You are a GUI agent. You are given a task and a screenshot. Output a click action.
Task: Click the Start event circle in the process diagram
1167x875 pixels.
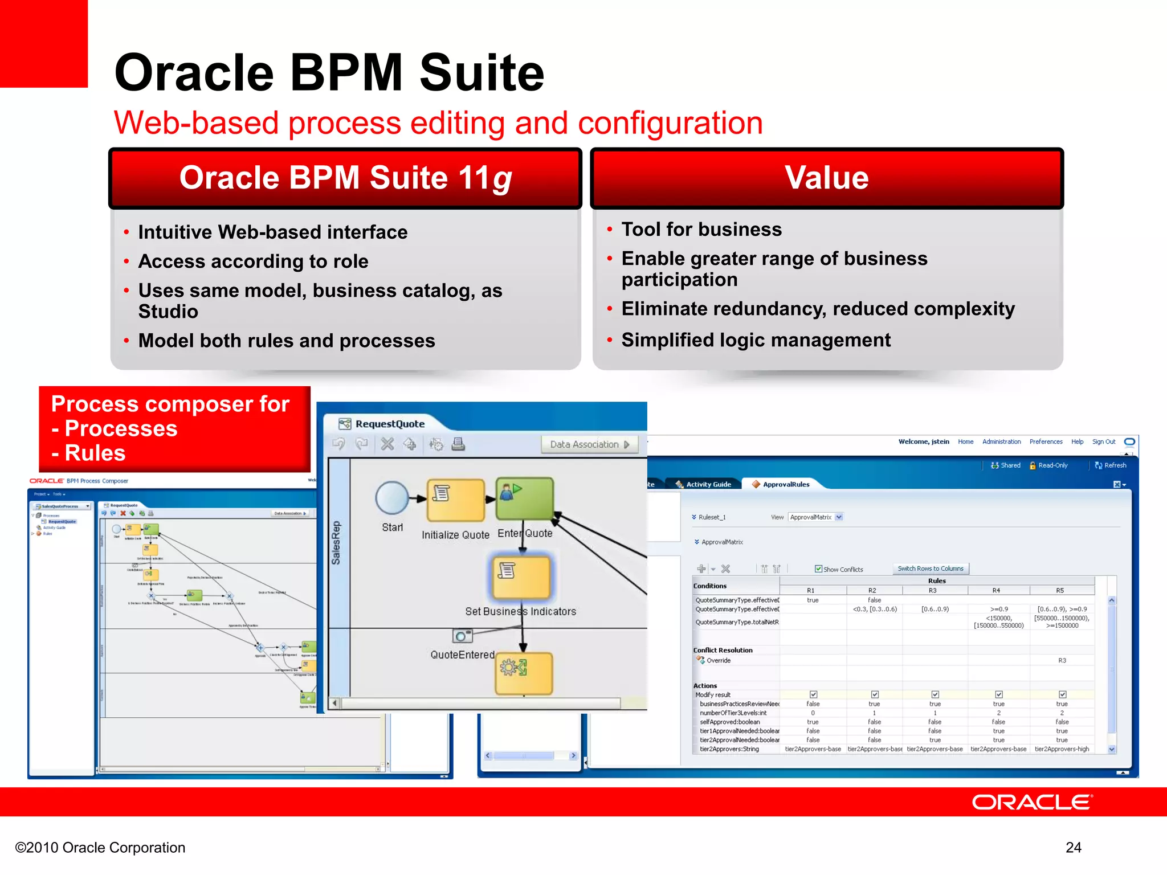[392, 498]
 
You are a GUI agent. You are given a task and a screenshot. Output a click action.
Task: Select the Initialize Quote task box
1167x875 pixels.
[456, 500]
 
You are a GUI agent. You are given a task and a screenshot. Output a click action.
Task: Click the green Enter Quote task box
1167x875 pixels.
[524, 498]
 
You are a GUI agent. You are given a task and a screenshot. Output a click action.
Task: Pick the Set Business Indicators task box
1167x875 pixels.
[521, 578]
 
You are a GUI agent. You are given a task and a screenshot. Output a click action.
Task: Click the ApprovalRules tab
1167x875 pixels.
[785, 484]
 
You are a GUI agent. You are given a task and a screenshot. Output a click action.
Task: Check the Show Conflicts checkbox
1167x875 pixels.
[818, 569]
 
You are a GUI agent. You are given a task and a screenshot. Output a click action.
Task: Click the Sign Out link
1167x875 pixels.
[1103, 441]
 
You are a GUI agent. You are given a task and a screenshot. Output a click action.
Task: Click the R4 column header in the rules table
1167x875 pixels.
[996, 590]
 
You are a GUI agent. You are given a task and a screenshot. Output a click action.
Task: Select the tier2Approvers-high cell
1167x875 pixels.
[1062, 749]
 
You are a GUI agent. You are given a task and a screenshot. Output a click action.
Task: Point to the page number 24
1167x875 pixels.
[1073, 848]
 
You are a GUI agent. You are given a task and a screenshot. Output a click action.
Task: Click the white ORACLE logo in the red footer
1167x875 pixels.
[1031, 802]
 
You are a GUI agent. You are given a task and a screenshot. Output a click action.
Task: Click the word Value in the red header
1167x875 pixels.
[826, 178]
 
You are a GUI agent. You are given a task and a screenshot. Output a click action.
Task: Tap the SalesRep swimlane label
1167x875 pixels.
[336, 542]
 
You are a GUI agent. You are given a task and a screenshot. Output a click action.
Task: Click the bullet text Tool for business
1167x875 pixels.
[701, 230]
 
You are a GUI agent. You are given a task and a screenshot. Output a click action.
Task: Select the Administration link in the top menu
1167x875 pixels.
[1001, 441]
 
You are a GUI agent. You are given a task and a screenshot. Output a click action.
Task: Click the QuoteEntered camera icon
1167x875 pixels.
[462, 636]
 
